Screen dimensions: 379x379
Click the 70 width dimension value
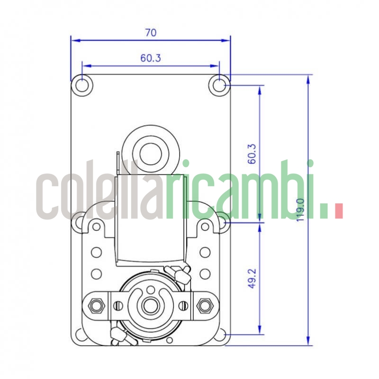click(x=151, y=33)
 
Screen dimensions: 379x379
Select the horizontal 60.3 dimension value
click(x=151, y=58)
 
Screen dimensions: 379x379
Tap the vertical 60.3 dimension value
click(x=253, y=153)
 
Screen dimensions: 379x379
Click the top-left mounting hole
click(x=82, y=85)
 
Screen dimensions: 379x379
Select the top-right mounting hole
click(x=219, y=85)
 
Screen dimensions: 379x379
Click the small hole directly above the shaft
click(x=151, y=289)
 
